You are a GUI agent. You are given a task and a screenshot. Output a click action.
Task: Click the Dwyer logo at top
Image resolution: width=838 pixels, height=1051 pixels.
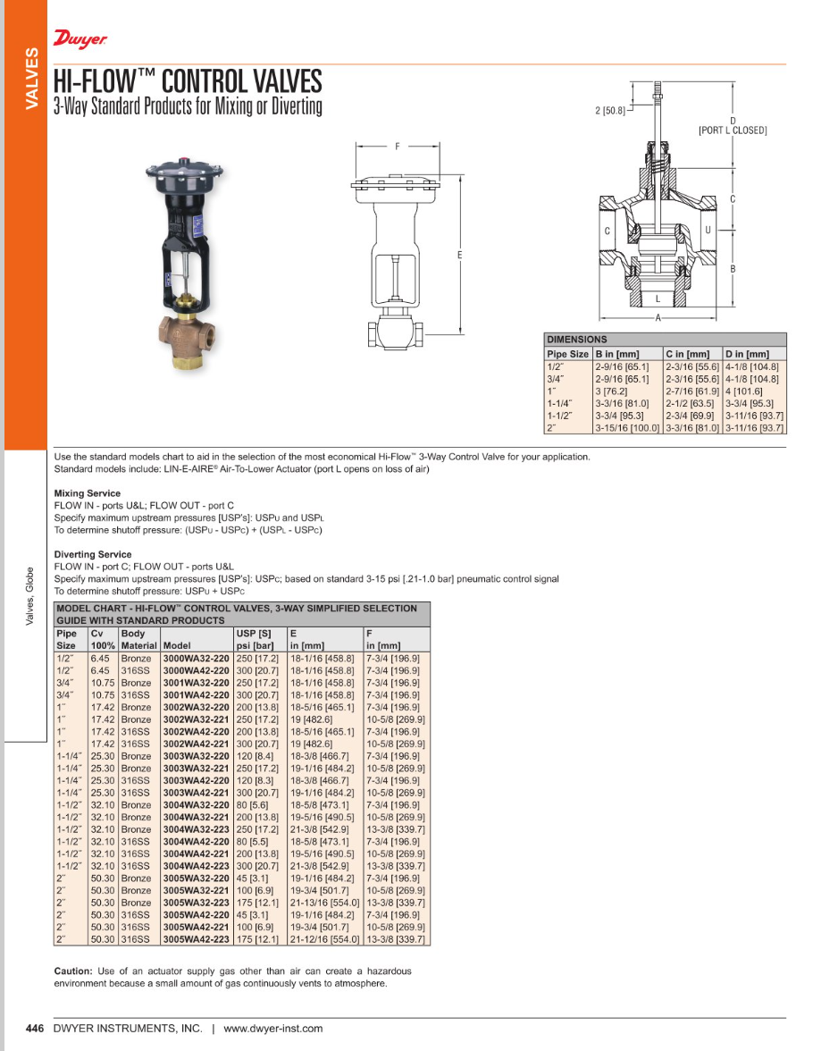tap(80, 39)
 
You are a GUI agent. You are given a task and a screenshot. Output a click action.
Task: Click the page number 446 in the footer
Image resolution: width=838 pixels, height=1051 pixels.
tap(35, 1029)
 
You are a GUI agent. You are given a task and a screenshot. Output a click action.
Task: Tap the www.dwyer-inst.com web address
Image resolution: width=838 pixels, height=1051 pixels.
tap(272, 1029)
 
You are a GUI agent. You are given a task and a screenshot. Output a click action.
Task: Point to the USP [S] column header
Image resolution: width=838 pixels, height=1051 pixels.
tap(253, 633)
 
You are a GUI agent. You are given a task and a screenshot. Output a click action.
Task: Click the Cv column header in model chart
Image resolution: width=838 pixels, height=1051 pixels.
tap(97, 633)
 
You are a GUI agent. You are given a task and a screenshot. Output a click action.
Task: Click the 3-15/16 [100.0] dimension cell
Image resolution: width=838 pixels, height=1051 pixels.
tap(627, 428)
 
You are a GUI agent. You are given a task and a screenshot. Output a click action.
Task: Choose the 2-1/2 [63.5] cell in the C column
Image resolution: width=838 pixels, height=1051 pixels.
tap(690, 403)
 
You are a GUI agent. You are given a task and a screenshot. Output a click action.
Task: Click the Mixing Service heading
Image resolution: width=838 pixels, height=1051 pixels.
tap(87, 493)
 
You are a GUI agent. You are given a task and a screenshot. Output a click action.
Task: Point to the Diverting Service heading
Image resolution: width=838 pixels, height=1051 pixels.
tap(92, 554)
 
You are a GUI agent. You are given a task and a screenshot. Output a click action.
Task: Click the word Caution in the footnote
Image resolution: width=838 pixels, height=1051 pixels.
tap(73, 971)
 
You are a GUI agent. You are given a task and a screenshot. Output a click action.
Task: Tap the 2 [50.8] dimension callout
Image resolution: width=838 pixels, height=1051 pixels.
tap(612, 111)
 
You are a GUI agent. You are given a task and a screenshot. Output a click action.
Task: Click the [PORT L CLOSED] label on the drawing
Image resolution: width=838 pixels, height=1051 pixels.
tap(732, 130)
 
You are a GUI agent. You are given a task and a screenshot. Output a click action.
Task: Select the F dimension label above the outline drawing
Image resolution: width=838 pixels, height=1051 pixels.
tap(398, 147)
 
